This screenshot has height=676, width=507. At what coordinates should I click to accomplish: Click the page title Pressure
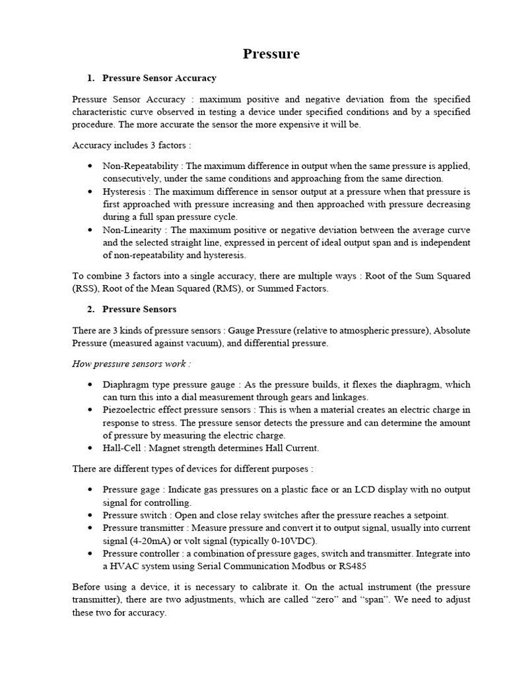point(271,54)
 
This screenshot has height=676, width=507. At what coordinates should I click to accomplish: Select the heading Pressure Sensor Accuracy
point(159,78)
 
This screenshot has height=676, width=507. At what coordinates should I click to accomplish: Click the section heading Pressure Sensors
point(139,309)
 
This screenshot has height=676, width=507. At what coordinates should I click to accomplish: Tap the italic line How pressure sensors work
point(131,364)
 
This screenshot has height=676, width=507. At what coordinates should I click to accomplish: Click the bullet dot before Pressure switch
point(89,516)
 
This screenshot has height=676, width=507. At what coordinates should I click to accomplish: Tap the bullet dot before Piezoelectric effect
point(89,410)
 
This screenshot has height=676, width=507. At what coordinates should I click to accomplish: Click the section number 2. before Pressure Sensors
point(91,309)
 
